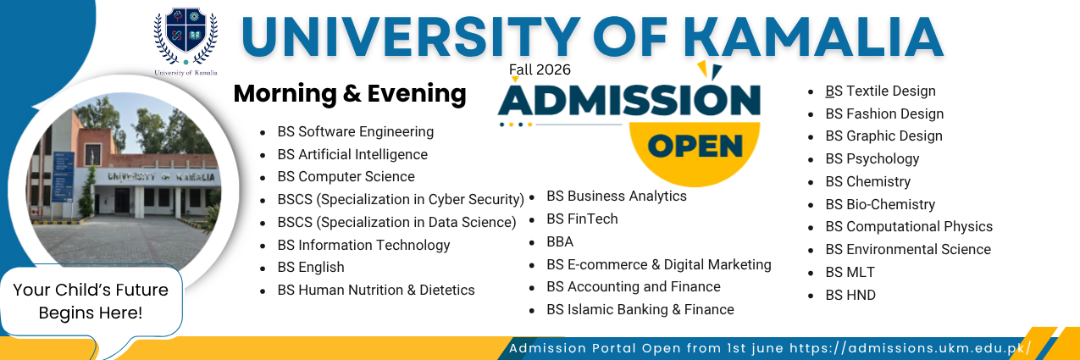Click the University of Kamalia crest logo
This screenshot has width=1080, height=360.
point(186,36)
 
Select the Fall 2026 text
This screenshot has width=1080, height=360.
point(540,69)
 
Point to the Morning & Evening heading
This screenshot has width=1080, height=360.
point(350,93)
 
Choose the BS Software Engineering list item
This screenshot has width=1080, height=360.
point(356,131)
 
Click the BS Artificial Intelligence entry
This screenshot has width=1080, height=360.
point(352,154)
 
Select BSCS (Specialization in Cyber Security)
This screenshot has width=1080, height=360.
point(401,199)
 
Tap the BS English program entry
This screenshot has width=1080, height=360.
point(311,267)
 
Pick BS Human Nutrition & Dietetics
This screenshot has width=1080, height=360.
point(376,290)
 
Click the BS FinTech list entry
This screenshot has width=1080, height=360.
point(582,219)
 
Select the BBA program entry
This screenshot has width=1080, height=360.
point(560,241)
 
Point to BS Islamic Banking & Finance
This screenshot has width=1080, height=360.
point(640,309)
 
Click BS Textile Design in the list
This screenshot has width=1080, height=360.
point(880,91)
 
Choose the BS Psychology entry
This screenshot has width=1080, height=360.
point(872,158)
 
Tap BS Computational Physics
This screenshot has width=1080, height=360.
point(909,226)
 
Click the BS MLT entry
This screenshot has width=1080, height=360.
point(850,272)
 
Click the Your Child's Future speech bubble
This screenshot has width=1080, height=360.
point(91,301)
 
